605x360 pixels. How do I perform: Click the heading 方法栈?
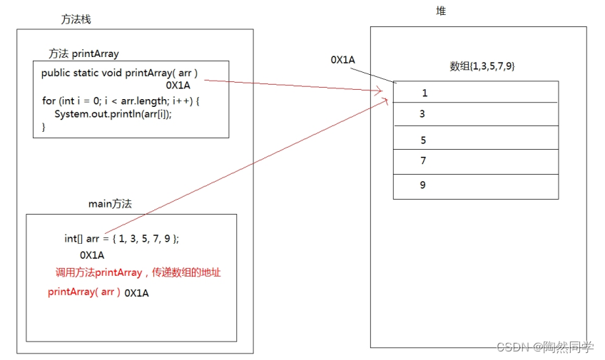point(76,19)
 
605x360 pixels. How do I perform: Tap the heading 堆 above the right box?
point(441,11)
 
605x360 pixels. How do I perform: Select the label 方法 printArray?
point(83,53)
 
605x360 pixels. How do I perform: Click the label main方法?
point(110,203)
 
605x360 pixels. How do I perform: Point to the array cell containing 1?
point(475,93)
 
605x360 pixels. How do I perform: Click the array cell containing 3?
point(475,114)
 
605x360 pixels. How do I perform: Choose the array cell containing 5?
point(475,140)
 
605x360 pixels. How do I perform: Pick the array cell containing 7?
point(475,160)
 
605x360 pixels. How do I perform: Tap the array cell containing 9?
point(475,185)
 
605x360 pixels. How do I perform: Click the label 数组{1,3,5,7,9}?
point(482,66)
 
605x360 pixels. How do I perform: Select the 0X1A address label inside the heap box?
point(343,60)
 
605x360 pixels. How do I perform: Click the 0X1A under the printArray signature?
point(178,86)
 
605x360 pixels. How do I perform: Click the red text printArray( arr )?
point(84,292)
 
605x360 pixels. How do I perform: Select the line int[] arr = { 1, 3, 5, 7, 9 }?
point(126,239)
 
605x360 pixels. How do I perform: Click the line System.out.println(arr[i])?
point(113,114)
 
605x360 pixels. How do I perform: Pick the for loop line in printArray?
point(121,101)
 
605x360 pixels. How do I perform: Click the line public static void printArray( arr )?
point(119,73)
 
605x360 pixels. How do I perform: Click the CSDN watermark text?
point(544,347)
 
